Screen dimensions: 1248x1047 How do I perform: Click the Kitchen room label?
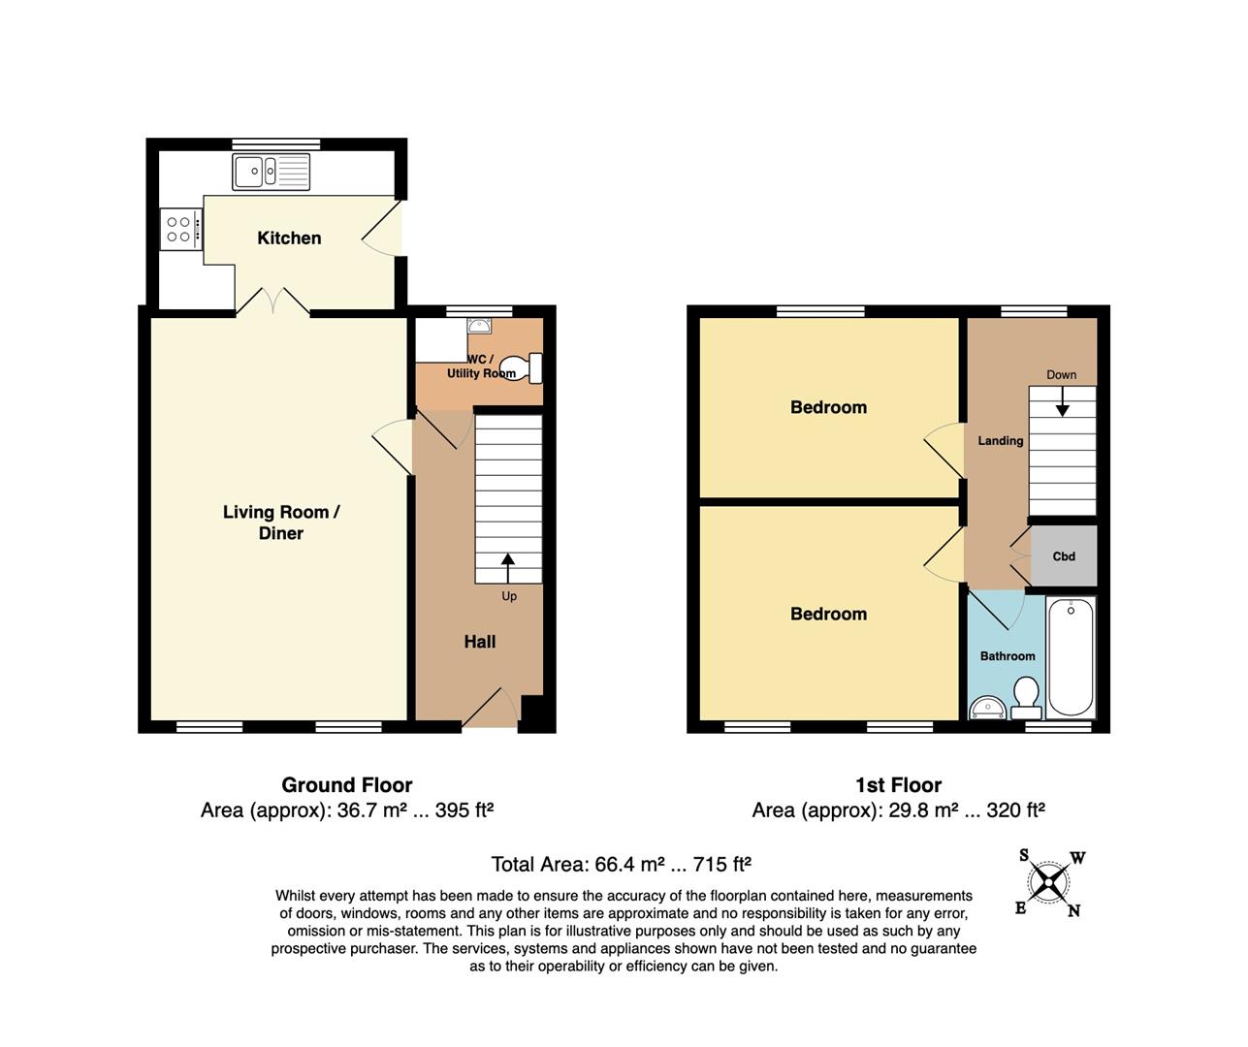(x=289, y=238)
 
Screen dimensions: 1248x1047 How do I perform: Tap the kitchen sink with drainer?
(x=271, y=172)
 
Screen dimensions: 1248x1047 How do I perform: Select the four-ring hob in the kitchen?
(x=181, y=229)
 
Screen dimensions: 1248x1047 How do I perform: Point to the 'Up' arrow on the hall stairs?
(x=507, y=568)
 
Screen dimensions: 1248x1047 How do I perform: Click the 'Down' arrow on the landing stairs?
(x=1062, y=401)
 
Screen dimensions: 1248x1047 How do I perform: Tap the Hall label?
(x=480, y=642)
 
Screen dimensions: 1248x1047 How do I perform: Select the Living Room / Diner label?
(x=281, y=523)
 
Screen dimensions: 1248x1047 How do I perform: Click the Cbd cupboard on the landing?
(x=1064, y=556)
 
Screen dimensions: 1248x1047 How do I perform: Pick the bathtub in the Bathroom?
(x=1071, y=656)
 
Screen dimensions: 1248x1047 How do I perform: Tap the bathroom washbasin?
(x=987, y=709)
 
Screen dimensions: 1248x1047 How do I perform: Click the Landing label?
(x=1001, y=441)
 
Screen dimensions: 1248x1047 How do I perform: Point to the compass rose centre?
(x=1048, y=882)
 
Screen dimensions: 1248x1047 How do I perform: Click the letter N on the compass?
(x=1073, y=910)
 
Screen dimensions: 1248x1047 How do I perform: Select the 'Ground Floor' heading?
(x=347, y=784)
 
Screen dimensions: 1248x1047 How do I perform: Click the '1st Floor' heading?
(x=898, y=784)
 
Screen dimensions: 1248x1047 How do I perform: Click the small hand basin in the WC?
(x=479, y=326)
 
